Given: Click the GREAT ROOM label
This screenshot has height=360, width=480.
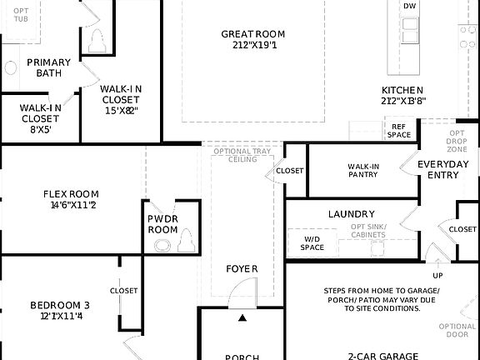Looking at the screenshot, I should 252,34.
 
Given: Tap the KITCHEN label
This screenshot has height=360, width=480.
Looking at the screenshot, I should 402,91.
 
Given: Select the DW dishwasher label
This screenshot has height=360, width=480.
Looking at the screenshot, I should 409,7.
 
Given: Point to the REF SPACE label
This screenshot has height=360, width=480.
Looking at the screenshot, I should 398,131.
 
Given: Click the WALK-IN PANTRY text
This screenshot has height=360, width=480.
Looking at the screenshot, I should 363,171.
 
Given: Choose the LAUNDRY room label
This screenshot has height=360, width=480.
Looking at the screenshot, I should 351,214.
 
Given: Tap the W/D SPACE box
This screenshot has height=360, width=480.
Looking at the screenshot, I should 312,242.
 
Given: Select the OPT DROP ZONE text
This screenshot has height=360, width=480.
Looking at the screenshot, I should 457,140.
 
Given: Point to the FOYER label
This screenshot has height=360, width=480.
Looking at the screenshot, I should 242,268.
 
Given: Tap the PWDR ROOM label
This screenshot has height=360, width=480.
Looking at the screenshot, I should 163,223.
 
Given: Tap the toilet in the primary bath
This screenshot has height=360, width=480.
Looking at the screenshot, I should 97,39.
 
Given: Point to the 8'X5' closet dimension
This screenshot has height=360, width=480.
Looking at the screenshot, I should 40,130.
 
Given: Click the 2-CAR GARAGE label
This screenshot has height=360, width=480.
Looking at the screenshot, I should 383,355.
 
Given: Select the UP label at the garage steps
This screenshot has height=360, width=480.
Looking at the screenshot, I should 437,275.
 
